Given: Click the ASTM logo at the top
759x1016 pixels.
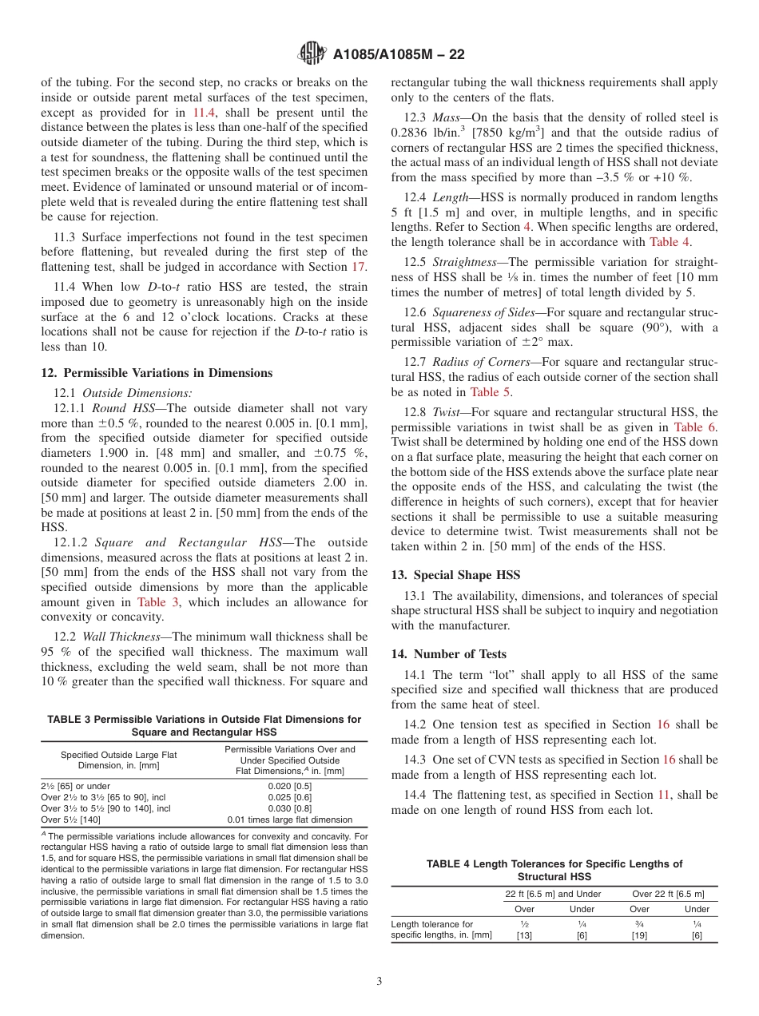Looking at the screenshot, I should (312, 54).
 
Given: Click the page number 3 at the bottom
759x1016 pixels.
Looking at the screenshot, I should (379, 981).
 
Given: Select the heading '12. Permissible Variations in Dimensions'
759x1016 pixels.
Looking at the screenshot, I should (157, 373).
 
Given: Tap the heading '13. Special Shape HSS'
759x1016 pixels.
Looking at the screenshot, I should (455, 575).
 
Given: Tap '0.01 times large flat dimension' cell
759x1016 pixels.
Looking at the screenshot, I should (290, 820).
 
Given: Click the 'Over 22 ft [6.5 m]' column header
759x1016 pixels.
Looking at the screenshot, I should (668, 894).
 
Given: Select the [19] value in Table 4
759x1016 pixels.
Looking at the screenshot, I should (639, 935).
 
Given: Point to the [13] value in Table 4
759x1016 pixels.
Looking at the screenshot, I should (524, 935).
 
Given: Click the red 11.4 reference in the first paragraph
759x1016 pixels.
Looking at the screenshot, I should (205, 113).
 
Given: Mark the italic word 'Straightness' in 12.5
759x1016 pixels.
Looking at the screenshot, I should (467, 261).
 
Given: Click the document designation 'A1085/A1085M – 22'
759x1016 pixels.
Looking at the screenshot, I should (399, 54).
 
